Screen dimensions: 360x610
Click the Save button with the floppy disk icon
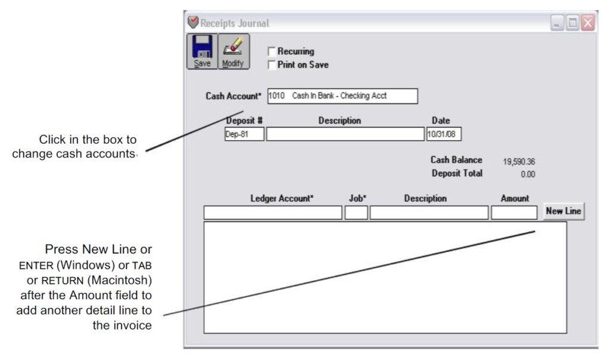click(202, 51)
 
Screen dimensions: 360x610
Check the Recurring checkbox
click(272, 52)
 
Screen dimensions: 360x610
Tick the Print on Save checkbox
click(272, 64)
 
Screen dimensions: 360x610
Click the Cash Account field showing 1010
click(342, 96)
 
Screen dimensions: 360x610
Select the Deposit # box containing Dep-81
click(244, 134)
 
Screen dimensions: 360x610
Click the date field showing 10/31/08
click(444, 134)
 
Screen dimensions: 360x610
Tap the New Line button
click(563, 212)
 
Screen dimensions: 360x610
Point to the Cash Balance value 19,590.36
click(519, 162)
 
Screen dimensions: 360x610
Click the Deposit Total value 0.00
click(527, 175)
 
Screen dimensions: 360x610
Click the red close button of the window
click(588, 23)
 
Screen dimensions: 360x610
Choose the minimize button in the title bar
click(558, 23)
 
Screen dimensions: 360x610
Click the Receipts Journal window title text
click(235, 23)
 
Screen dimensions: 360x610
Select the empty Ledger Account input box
click(273, 213)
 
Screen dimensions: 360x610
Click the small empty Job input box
click(356, 213)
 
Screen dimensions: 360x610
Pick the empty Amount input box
click(514, 213)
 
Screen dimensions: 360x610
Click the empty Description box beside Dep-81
click(345, 134)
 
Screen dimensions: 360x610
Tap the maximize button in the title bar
click(573, 23)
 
